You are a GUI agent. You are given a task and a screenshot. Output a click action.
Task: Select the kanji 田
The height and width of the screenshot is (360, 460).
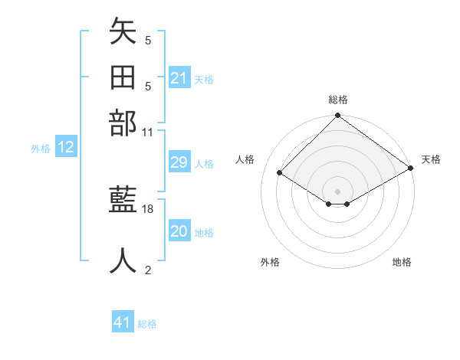click(123, 77)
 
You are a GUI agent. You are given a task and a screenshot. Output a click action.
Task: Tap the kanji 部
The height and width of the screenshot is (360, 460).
click(123, 123)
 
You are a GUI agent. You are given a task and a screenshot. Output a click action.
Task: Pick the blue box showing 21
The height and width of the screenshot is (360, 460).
click(179, 78)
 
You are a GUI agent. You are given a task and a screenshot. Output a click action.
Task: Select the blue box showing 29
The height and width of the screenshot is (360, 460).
click(179, 162)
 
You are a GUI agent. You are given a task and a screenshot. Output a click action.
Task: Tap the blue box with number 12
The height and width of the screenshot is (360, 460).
click(66, 148)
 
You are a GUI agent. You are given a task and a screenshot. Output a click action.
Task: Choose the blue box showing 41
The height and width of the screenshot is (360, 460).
click(123, 322)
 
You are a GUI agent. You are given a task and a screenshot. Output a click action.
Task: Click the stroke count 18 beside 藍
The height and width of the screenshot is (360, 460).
click(148, 208)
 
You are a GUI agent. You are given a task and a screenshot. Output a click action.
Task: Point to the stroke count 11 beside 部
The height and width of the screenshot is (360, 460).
click(148, 132)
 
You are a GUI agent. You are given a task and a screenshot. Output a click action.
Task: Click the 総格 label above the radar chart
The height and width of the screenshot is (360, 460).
click(338, 100)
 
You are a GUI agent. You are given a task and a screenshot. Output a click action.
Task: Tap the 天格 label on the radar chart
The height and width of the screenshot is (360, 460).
click(431, 159)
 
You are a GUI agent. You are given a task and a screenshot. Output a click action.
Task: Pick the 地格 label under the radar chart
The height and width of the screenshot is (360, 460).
click(402, 262)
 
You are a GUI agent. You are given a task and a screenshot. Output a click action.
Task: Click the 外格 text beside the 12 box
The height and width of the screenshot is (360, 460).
click(41, 149)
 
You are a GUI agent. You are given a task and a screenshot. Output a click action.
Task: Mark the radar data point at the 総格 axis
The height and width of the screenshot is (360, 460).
click(337, 117)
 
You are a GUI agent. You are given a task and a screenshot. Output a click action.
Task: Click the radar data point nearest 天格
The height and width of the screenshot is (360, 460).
click(411, 169)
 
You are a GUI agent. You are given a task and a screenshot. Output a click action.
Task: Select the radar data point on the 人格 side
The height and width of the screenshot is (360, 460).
click(280, 173)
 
